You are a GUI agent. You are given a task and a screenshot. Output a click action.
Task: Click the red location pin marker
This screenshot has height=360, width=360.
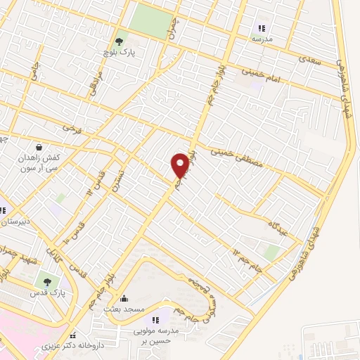tap(180, 165)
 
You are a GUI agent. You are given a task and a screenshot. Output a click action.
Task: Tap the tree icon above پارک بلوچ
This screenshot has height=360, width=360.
tap(119, 41)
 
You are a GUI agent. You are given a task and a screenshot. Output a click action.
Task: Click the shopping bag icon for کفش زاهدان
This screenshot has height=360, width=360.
tap(37, 148)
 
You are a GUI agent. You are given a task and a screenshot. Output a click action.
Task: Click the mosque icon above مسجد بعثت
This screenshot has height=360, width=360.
tap(124, 298)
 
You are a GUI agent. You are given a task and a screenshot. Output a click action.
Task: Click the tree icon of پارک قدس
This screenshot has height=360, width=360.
tap(47, 281)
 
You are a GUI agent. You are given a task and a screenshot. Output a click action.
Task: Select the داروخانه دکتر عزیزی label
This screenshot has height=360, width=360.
tap(104, 345)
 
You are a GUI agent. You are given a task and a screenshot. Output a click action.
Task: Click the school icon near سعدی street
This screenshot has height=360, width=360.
tap(262, 29)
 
